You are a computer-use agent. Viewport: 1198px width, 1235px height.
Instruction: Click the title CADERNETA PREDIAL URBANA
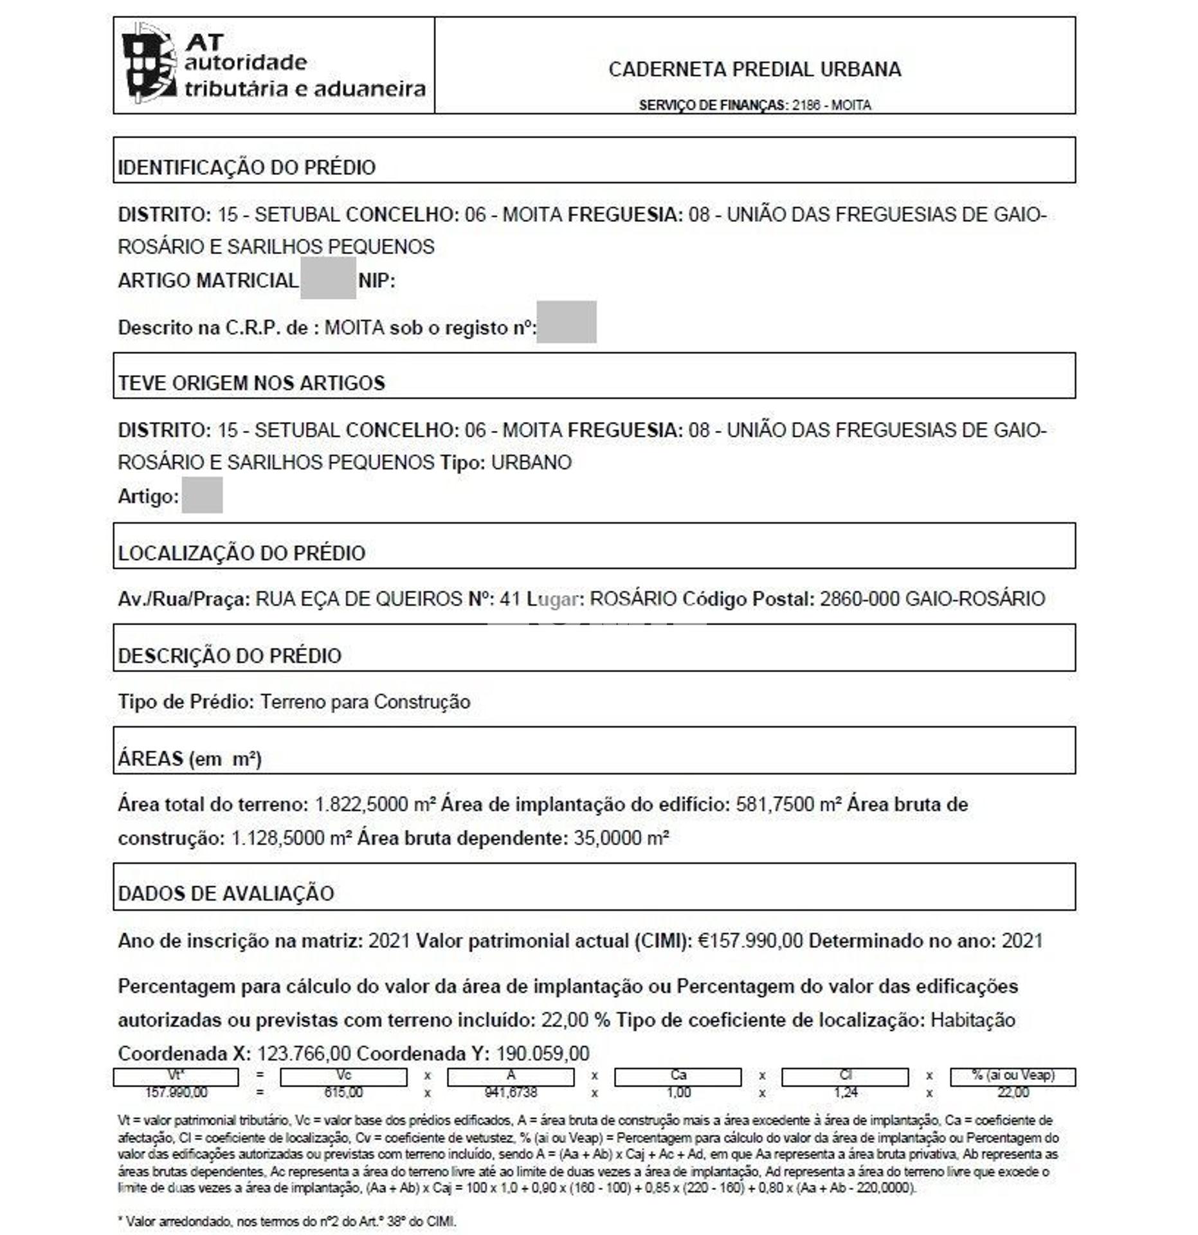point(754,69)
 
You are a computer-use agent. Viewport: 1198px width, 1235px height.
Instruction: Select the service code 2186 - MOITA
point(831,105)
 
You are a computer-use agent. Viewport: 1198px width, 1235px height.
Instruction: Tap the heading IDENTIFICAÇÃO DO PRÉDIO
point(246,167)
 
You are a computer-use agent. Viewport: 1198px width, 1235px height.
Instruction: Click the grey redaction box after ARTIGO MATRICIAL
point(328,279)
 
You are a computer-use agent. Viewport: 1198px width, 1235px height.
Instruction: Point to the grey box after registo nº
point(566,322)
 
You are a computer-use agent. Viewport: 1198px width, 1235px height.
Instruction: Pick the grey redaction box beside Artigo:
point(202,495)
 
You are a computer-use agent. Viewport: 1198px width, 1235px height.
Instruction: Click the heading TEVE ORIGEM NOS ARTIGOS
point(251,383)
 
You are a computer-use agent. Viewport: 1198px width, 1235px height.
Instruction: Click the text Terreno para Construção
point(365,702)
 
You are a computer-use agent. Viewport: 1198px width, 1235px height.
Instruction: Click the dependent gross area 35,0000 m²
point(621,838)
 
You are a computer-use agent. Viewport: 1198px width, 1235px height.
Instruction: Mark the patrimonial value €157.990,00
point(750,941)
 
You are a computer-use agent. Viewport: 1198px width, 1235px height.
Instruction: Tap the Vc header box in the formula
point(343,1076)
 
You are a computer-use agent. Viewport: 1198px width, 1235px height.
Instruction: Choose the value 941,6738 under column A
point(511,1093)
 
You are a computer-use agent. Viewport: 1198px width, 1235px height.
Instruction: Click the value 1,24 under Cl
point(845,1093)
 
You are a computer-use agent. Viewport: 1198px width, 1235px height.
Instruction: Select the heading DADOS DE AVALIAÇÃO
point(226,893)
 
